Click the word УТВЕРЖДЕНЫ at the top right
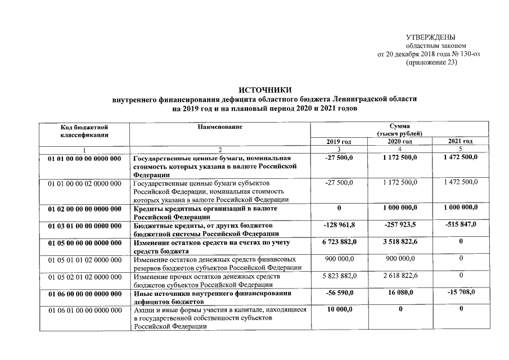pyautogui.click(x=430, y=37)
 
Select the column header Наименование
pyautogui.click(x=220, y=127)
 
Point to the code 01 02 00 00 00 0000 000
pyautogui.click(x=85, y=209)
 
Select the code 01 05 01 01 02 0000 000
pyautogui.click(x=85, y=260)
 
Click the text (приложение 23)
pyautogui.click(x=431, y=63)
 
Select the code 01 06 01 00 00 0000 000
pyautogui.click(x=85, y=310)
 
